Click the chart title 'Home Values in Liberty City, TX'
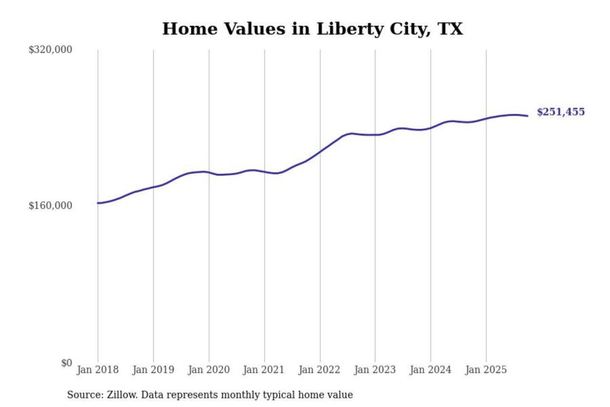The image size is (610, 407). (313, 29)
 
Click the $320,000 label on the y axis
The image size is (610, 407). (50, 50)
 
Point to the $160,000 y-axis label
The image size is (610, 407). (50, 206)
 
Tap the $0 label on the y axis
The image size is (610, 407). (67, 363)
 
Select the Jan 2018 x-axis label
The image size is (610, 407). (97, 370)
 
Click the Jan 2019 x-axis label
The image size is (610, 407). (153, 370)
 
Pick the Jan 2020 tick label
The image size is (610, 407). (208, 370)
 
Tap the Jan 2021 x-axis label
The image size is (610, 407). (263, 370)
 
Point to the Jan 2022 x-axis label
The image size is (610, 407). (319, 370)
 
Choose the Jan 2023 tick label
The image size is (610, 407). (374, 370)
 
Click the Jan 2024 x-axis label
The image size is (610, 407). (430, 370)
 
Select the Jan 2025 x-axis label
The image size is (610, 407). (485, 370)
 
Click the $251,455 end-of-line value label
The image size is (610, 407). (560, 112)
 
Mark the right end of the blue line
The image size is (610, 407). (527, 116)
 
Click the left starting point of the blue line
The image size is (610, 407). (98, 203)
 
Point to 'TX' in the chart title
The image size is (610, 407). (450, 29)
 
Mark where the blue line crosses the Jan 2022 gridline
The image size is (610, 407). (320, 151)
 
